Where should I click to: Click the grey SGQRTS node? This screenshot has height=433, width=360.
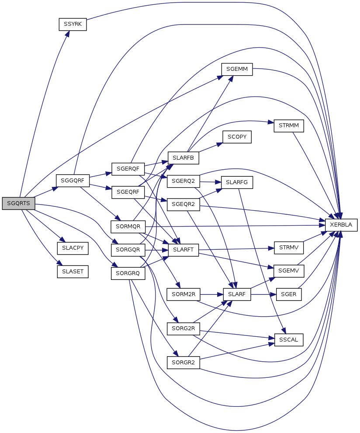18,203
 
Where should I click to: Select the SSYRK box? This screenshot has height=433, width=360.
73,24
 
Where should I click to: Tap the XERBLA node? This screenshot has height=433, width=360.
341,224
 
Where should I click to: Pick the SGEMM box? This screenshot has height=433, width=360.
237,70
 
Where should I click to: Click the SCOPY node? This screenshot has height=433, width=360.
237,137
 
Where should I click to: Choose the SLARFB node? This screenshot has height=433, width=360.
183,157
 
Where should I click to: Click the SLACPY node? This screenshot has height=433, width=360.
73,248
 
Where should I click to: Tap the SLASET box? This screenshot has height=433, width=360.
73,271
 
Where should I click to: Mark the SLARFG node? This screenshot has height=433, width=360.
237,182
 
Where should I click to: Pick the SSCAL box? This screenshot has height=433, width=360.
288,339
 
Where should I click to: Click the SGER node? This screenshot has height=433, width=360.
288,294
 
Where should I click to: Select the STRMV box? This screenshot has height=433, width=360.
288,248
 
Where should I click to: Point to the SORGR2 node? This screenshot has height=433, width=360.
183,362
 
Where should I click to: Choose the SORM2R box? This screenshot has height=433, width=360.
183,294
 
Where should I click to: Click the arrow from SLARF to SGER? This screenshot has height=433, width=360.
263,294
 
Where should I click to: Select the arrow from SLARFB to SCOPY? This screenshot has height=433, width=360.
210,148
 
